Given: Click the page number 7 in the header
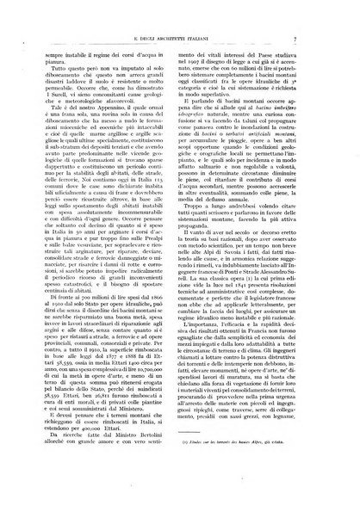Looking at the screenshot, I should tap(320, 15).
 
